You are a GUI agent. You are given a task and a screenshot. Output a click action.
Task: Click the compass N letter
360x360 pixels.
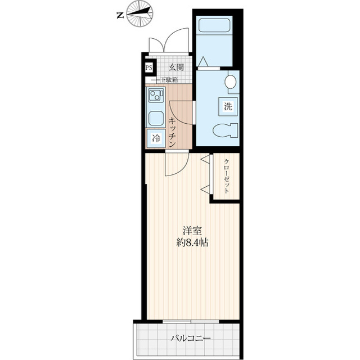[x=120, y=16]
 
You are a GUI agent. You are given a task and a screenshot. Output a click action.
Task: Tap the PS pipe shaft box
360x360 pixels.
[x=148, y=68]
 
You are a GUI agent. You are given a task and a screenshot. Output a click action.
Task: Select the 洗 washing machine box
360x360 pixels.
[x=228, y=106]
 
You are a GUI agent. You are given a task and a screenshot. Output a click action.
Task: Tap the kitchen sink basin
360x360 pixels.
[x=155, y=118]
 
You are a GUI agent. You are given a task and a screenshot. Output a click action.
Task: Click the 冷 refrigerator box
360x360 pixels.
[x=155, y=137]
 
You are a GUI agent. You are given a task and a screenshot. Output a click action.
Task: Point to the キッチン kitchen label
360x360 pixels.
[x=174, y=127]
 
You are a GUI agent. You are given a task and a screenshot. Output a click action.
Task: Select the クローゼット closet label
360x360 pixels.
[x=226, y=176]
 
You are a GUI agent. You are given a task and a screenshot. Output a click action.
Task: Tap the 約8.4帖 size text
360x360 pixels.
[x=191, y=243]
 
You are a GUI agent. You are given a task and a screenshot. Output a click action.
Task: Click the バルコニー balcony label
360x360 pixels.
[x=191, y=339]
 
